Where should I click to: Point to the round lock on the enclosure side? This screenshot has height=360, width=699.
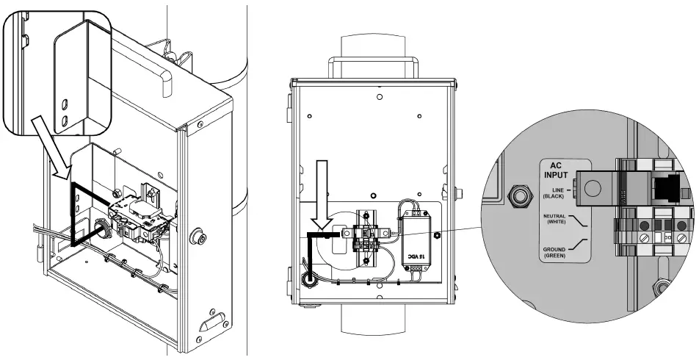click(x=198, y=237)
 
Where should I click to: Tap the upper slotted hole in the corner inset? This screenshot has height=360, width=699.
click(x=65, y=102)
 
